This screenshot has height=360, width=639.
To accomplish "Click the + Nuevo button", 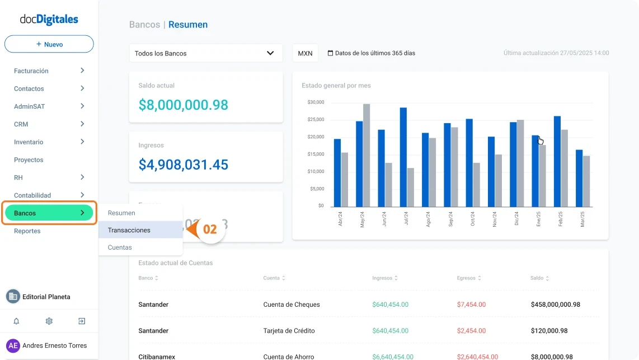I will click(x=49, y=44).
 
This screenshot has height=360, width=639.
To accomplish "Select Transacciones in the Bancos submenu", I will click(x=129, y=230).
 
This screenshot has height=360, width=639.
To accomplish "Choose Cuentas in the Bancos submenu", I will click(x=120, y=247).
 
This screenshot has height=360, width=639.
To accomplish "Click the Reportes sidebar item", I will click(x=27, y=231).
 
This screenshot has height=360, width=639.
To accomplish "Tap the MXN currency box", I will click(x=305, y=53).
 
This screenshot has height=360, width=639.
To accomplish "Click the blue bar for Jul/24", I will click(x=403, y=157).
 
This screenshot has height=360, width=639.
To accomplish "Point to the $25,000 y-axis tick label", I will click(x=316, y=120).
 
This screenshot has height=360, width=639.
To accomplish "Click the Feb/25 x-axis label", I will click(x=560, y=218).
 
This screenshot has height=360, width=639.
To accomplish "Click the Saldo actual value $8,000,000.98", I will click(x=184, y=105).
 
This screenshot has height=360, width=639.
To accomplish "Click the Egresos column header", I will click(x=466, y=278).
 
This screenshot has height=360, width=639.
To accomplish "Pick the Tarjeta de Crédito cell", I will click(x=289, y=331).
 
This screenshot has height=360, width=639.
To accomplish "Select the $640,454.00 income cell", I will click(x=390, y=305).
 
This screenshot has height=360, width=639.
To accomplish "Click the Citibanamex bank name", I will click(x=157, y=357).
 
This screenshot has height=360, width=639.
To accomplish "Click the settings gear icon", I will click(x=49, y=321).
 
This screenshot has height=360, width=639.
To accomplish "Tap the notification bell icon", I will click(x=16, y=321).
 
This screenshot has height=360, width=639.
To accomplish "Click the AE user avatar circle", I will click(x=13, y=345).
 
